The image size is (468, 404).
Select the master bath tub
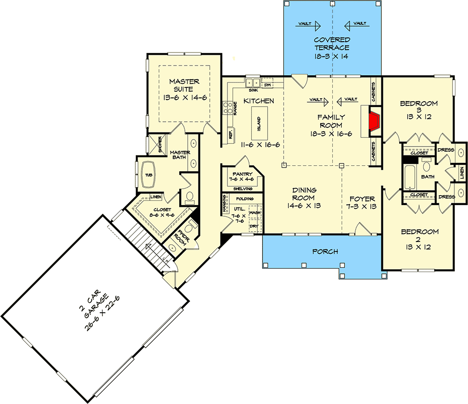[148, 175]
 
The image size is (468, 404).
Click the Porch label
[325, 252]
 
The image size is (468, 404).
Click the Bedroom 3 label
[419, 107]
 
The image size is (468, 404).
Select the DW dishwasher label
[268, 85]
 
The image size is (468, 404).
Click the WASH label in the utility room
[255, 213]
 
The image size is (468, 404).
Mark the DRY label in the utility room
[255, 227]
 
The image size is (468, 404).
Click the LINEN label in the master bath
[156, 197]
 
